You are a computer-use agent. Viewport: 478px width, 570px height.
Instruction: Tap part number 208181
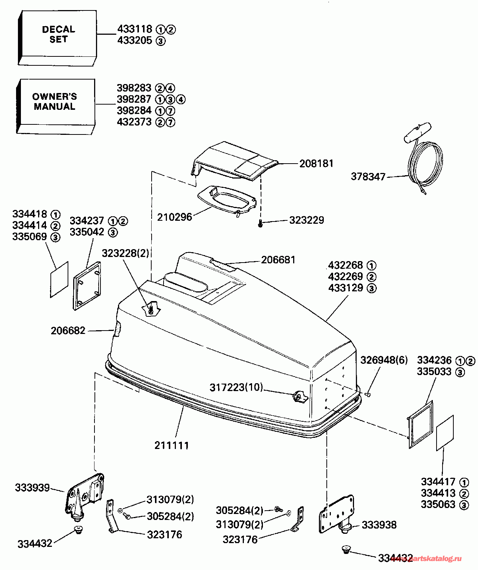coord(316,164)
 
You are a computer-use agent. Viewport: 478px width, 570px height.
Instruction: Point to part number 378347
coord(368,177)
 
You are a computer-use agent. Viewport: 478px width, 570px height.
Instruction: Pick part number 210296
coord(174,217)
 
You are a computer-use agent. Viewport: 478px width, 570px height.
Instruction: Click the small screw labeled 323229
coord(261,224)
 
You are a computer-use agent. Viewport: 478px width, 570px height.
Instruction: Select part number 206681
coord(278,260)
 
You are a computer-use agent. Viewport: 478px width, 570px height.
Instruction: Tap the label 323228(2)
coord(125,254)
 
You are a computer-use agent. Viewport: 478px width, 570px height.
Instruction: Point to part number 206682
coord(68,331)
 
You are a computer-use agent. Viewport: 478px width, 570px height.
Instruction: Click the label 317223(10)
coord(236,387)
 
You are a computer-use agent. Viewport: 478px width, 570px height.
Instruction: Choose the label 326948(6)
coord(384,360)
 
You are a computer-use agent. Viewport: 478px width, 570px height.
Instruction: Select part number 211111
coord(171,445)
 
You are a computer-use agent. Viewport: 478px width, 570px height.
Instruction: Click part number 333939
coord(32,487)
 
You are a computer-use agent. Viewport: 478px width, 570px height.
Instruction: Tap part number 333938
coord(379,525)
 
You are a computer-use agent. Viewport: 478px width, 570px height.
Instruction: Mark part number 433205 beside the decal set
coord(135,40)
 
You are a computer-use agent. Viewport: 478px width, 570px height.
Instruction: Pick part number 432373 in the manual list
coord(134,122)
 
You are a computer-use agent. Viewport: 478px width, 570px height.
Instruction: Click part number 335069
coord(30,237)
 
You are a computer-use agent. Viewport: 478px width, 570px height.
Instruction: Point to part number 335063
coord(438,505)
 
